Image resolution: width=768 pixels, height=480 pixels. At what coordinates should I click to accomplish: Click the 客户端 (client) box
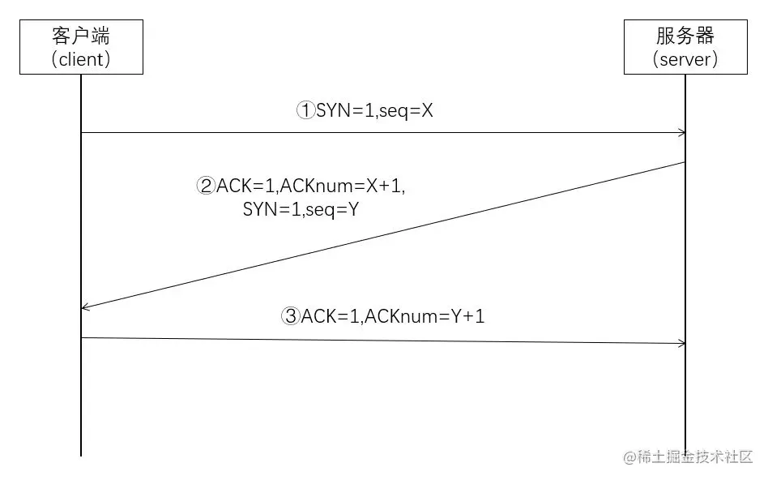coord(81,47)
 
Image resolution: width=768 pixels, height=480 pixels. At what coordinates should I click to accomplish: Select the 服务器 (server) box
coord(685,47)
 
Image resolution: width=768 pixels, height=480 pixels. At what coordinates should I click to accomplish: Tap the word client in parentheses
coord(81,59)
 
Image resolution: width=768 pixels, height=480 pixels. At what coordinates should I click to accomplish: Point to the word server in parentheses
coord(685,59)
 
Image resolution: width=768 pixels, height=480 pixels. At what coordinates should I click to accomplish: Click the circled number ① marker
coord(305,111)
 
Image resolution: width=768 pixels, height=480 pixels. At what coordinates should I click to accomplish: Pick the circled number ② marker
coord(206,186)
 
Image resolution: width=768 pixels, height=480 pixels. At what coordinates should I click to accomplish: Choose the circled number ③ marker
coord(291,316)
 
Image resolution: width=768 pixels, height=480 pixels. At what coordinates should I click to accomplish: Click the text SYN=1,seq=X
coord(374,111)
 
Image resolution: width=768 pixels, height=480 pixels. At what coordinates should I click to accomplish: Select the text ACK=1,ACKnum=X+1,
coord(310,186)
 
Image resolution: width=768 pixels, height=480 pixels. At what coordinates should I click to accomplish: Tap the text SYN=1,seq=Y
coord(301,208)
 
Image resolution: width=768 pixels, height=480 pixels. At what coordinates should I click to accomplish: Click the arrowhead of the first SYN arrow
coord(682,133)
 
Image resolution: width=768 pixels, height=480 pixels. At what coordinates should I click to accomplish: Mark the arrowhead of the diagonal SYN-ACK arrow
coord(85,307)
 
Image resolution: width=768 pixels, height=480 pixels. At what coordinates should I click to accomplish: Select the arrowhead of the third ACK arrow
coord(682,344)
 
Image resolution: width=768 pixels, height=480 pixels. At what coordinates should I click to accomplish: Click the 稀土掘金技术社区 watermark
coord(689,457)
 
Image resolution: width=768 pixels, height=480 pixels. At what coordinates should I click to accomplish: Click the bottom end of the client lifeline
coord(81,454)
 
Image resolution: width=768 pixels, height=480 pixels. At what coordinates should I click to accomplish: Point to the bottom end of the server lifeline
coord(685,454)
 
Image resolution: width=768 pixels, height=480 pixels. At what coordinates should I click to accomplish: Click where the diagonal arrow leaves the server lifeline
coord(685,162)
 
